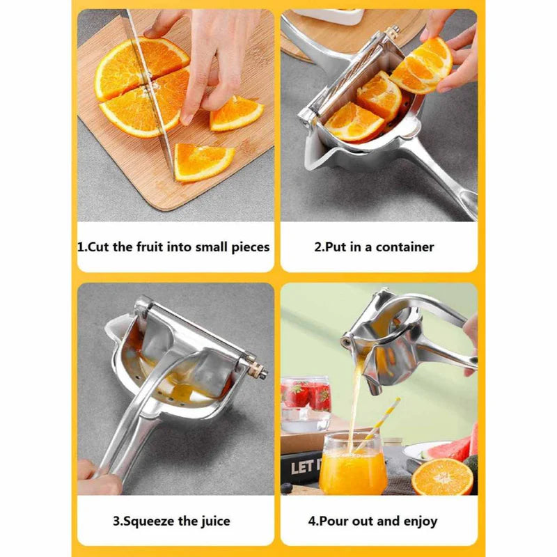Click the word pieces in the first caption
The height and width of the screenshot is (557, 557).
pyautogui.click(x=250, y=246)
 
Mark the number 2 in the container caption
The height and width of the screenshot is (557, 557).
pyautogui.click(x=318, y=246)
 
